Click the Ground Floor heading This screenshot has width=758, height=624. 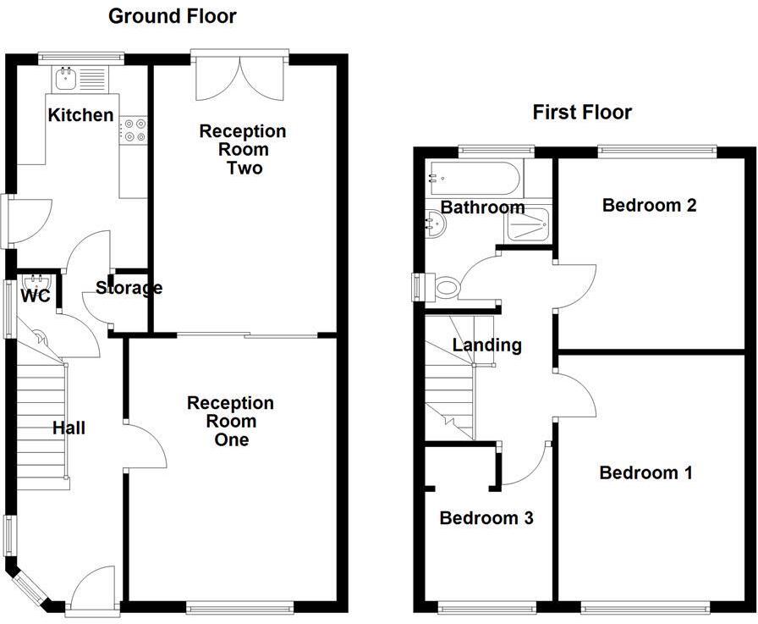[173, 15]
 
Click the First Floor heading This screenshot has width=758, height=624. [582, 112]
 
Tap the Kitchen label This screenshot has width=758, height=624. [80, 115]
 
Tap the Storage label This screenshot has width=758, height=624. [129, 288]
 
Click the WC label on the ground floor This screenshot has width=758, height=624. [35, 296]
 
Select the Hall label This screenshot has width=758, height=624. [69, 428]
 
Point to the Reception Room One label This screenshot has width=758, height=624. [231, 421]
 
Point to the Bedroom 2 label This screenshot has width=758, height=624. [649, 205]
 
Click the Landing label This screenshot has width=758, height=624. [486, 345]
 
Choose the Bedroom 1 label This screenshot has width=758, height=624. [645, 472]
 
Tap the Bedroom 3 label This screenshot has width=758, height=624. [486, 518]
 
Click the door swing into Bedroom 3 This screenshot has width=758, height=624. [524, 465]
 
